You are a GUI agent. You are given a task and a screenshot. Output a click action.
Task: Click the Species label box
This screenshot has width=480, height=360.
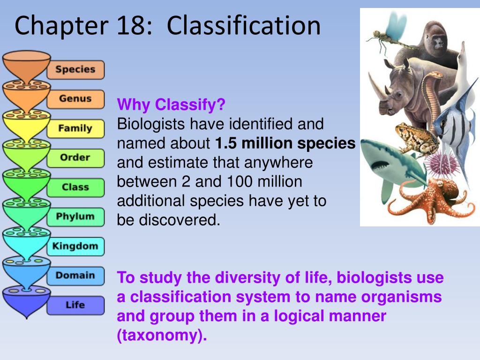75,70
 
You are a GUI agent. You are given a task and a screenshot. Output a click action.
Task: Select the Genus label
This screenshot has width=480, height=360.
75,99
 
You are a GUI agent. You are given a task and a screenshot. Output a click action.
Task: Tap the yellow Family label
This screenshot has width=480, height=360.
75,128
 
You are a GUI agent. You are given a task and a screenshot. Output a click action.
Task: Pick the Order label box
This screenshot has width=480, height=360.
75,158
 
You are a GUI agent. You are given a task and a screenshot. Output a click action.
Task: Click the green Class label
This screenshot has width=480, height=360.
75,187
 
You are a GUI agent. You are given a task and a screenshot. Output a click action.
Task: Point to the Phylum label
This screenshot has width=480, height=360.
75,217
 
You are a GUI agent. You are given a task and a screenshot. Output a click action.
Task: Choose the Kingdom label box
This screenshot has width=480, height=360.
75,246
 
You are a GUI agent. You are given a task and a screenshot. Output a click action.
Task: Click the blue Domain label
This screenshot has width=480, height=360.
75,276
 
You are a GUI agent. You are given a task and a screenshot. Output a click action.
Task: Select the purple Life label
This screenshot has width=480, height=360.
75,305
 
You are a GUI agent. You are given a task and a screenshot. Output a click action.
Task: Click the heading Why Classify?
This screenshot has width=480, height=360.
171,104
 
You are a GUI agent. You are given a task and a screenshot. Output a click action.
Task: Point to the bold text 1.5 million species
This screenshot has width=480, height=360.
285,143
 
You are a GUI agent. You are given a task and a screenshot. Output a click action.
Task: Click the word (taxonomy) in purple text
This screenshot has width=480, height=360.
162,336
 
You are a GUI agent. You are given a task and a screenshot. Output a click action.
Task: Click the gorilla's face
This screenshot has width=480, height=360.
438,45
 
